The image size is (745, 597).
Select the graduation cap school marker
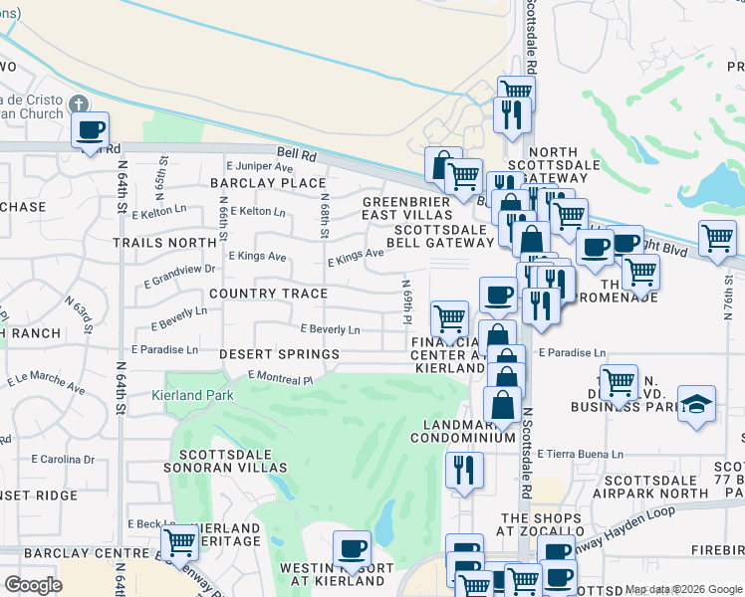pyautogui.click(x=696, y=405)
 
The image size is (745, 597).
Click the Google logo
pyautogui.click(x=33, y=585)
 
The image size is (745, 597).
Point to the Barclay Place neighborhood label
pyautogui.click(x=268, y=183)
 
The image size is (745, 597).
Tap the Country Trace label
pyautogui.click(x=268, y=295)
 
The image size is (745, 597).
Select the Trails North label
pyautogui.click(x=164, y=242)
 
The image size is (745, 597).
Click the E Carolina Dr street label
pyautogui.click(x=63, y=460)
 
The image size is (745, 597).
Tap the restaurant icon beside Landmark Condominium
pyautogui.click(x=464, y=471)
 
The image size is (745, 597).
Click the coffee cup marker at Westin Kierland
pyautogui.click(x=351, y=548)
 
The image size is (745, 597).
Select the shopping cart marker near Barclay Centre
pyautogui.click(x=179, y=543)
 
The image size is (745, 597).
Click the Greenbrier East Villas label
pyautogui.click(x=406, y=207)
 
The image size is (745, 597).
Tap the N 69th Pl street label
pyautogui.click(x=407, y=297)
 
